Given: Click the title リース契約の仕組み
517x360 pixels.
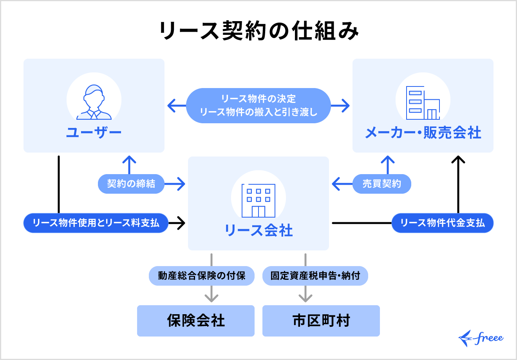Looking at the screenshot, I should [258, 31].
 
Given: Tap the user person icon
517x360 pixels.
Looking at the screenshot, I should [94, 102].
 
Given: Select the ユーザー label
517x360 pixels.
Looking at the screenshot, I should [94, 133].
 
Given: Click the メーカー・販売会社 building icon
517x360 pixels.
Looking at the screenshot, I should [423, 103].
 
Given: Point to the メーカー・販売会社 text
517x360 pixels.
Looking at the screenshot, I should [423, 133].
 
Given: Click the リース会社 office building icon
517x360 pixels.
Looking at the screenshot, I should [258, 200].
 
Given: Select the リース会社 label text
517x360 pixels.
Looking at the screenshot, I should [258, 230].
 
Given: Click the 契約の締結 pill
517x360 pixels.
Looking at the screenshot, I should [131, 184].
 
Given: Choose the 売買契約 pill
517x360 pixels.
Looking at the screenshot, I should [382, 184].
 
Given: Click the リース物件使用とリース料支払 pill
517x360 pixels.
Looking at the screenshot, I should [96, 223].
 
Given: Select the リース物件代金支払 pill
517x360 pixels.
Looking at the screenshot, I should [443, 223].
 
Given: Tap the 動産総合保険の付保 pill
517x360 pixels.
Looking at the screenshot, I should [202, 276].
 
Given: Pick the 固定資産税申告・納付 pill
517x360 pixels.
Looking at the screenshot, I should [315, 276].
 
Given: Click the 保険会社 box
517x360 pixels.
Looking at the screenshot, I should [196, 321].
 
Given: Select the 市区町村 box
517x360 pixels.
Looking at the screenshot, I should [321, 321].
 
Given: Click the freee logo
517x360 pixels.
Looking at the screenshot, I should [481, 338].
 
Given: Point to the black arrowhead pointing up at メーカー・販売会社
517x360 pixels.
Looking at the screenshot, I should [458, 160].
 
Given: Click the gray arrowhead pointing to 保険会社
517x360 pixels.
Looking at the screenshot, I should [211, 298].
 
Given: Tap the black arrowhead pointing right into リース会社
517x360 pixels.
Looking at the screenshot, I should [181, 223].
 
